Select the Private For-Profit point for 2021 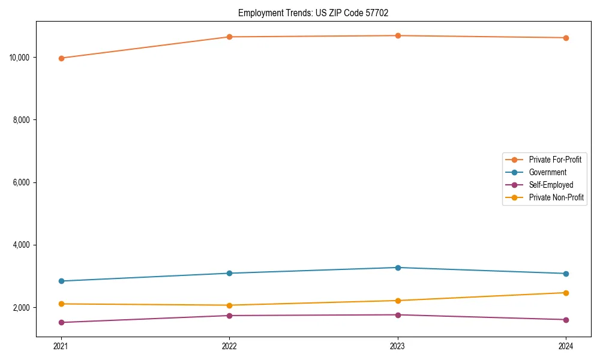pyautogui.click(x=61, y=58)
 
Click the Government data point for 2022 pyautogui.click(x=229, y=273)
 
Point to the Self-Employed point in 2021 pyautogui.click(x=61, y=322)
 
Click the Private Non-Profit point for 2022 pyautogui.click(x=229, y=305)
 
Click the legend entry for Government pyautogui.click(x=547, y=172)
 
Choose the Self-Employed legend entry pyautogui.click(x=551, y=185)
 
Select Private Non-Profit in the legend pyautogui.click(x=556, y=197)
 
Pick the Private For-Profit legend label pyautogui.click(x=555, y=160)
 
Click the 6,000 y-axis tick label pyautogui.click(x=22, y=182)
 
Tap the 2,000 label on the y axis pyautogui.click(x=22, y=308)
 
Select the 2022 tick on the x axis pyautogui.click(x=229, y=346)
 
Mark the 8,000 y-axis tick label pyautogui.click(x=22, y=120)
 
